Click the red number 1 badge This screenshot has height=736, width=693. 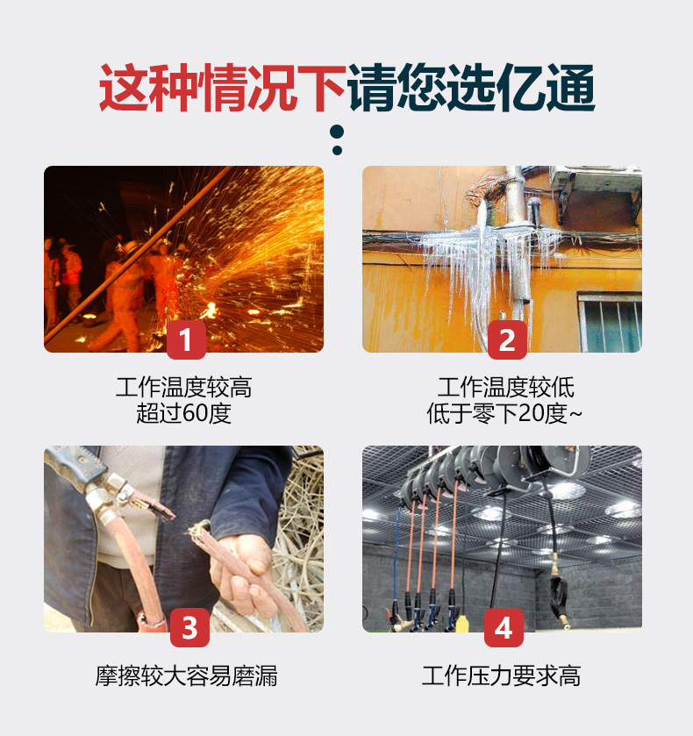pos(186,339)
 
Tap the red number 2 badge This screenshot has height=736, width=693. pos(507,339)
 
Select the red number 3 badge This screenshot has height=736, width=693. pos(189,627)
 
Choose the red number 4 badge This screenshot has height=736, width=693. pos(504,627)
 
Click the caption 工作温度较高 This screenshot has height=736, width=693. pos(183,388)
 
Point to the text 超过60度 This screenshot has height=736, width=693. pos(183,413)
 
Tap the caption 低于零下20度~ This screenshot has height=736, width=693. pos(504,413)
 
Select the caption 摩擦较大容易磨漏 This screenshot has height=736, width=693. pos(186,676)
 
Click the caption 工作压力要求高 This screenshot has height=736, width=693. pos(502,676)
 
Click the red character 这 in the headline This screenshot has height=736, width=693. pos(124,88)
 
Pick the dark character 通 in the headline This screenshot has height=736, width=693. pos(570,88)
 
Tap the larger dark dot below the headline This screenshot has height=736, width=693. pos(337,132)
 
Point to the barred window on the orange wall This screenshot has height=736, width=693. pos(610,322)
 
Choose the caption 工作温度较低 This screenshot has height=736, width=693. pos(505,388)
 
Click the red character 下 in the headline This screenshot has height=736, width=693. pos(322,88)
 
